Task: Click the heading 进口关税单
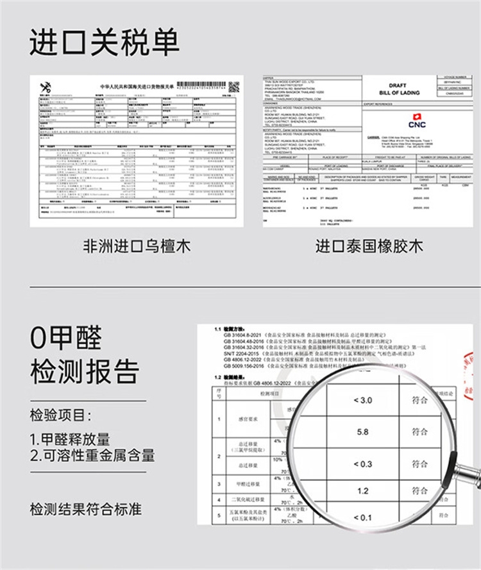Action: coord(105,42)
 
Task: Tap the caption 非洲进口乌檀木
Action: coord(137,246)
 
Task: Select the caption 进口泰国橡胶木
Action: coord(369,246)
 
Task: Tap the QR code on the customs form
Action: coord(234,86)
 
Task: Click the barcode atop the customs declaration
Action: coord(200,84)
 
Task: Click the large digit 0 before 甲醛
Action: coord(40,337)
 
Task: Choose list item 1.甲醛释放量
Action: coord(70,439)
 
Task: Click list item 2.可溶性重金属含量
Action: coord(92,456)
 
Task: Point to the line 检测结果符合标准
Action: coord(85,510)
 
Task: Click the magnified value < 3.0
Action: coord(362,400)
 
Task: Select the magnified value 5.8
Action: coord(362,432)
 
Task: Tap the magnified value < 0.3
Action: coord(362,464)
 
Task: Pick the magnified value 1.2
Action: coord(362,490)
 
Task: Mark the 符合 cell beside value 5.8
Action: coord(419,432)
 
